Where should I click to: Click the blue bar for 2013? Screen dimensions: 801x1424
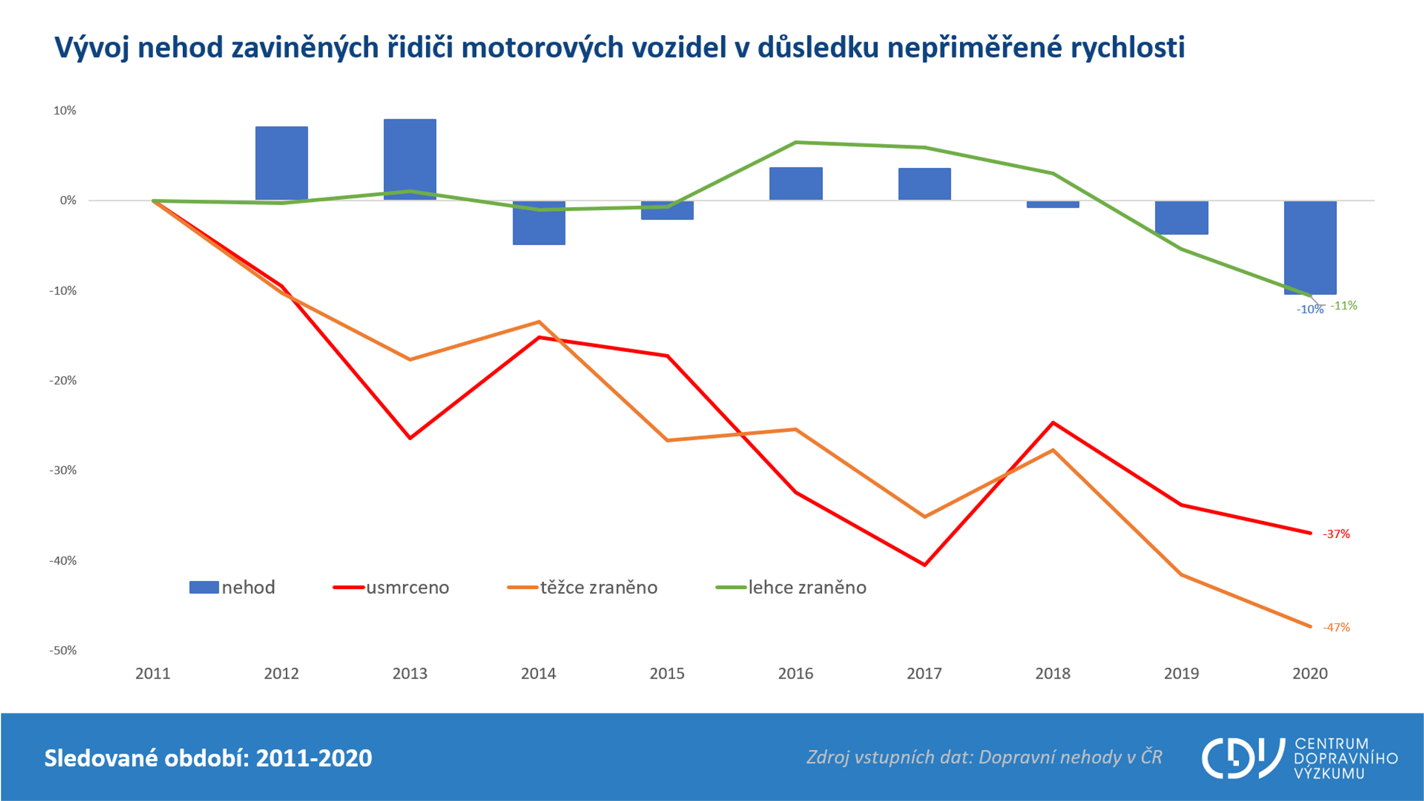(409, 159)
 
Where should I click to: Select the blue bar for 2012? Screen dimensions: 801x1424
(281, 163)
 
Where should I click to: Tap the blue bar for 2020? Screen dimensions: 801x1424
(1310, 247)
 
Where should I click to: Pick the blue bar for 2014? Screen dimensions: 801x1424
(539, 223)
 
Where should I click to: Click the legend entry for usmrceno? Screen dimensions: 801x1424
(392, 587)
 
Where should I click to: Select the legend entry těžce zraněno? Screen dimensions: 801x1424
(583, 587)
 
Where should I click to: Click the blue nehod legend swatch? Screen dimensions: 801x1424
(204, 587)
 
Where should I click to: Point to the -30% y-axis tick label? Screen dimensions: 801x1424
(63, 471)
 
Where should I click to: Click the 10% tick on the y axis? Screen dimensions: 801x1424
(65, 110)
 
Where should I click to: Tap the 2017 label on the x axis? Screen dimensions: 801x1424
(924, 673)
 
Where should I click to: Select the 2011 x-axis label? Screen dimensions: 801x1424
(152, 673)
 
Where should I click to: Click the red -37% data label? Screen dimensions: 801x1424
(1336, 534)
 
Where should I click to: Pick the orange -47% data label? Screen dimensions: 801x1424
(1336, 627)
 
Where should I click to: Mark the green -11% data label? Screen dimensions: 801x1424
(1343, 306)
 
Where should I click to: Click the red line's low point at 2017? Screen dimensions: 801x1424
(924, 564)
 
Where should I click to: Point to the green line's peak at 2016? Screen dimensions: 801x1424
(796, 142)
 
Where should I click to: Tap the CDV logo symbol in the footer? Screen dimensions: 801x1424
(1241, 758)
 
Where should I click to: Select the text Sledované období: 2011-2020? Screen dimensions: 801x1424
(208, 758)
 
